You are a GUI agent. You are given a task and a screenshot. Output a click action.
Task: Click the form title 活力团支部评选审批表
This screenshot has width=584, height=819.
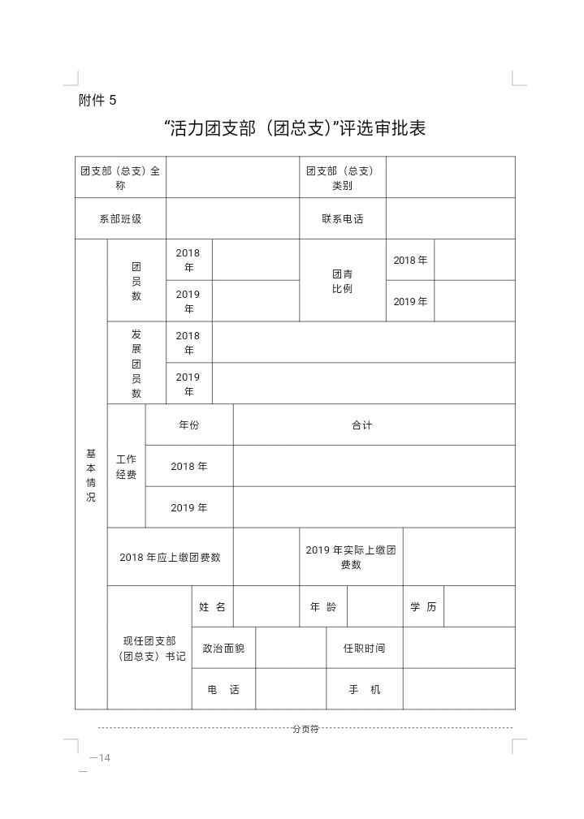click(x=294, y=128)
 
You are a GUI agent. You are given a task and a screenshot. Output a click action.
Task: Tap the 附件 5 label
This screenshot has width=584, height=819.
click(x=97, y=101)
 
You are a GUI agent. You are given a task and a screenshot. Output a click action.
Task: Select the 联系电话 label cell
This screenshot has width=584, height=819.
click(x=342, y=218)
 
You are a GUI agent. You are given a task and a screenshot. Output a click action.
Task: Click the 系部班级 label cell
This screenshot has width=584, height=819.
click(x=120, y=218)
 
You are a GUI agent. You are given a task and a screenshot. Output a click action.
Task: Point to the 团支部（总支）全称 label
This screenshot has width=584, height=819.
click(x=120, y=178)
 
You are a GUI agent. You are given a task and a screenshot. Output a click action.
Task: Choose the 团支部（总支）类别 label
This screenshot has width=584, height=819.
click(x=342, y=178)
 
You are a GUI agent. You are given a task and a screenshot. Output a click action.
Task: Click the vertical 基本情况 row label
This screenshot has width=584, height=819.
click(x=91, y=474)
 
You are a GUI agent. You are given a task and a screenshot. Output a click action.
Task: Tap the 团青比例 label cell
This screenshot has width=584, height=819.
click(x=342, y=281)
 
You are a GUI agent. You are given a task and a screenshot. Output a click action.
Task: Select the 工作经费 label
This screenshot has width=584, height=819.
click(x=126, y=467)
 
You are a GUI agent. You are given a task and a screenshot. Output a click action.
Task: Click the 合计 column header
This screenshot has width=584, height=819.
click(x=362, y=425)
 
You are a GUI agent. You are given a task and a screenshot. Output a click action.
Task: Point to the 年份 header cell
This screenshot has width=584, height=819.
click(x=188, y=425)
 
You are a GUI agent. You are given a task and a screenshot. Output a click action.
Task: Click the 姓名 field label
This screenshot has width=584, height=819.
click(x=212, y=606)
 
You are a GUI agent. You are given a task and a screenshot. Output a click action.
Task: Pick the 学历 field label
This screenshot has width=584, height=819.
click(x=423, y=606)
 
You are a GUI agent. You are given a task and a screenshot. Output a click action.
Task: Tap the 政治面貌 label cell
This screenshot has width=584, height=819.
click(x=223, y=648)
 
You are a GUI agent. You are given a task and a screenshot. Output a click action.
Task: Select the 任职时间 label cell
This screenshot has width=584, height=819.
click(x=364, y=648)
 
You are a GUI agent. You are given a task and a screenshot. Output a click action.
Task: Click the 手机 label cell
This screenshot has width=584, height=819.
click(x=364, y=689)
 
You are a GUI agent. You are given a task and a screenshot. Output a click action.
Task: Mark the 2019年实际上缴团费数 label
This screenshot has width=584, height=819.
click(x=351, y=557)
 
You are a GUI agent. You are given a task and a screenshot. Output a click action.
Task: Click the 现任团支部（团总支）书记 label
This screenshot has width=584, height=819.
click(x=149, y=648)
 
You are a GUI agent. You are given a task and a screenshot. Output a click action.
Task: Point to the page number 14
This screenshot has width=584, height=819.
click(x=101, y=758)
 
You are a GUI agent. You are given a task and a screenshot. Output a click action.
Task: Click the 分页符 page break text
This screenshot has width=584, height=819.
click(x=305, y=729)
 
